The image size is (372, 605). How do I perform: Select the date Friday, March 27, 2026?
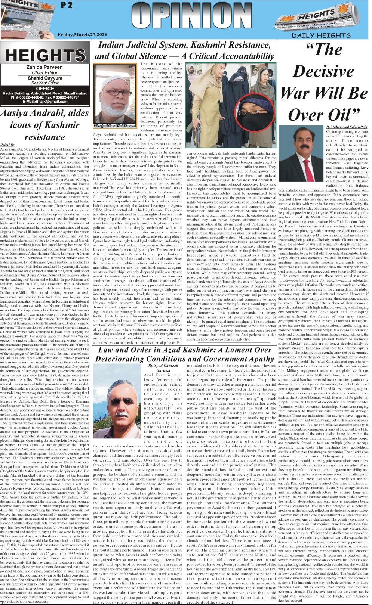[x=82, y=35]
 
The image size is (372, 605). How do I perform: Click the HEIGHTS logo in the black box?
[x=45, y=55]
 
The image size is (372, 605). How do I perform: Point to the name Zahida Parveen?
[x=44, y=67]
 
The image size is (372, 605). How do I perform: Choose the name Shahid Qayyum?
[x=45, y=78]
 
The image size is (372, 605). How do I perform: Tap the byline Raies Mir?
[x=7, y=145]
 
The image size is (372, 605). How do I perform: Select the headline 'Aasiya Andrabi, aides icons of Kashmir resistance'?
[x=45, y=125]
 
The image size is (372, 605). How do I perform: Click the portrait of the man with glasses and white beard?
[x=115, y=96]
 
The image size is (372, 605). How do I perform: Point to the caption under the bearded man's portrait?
[x=115, y=126]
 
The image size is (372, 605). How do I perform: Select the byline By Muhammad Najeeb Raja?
[x=347, y=127]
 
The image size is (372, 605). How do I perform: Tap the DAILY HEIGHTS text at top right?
[x=321, y=35]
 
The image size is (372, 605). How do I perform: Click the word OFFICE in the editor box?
[x=45, y=89]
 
